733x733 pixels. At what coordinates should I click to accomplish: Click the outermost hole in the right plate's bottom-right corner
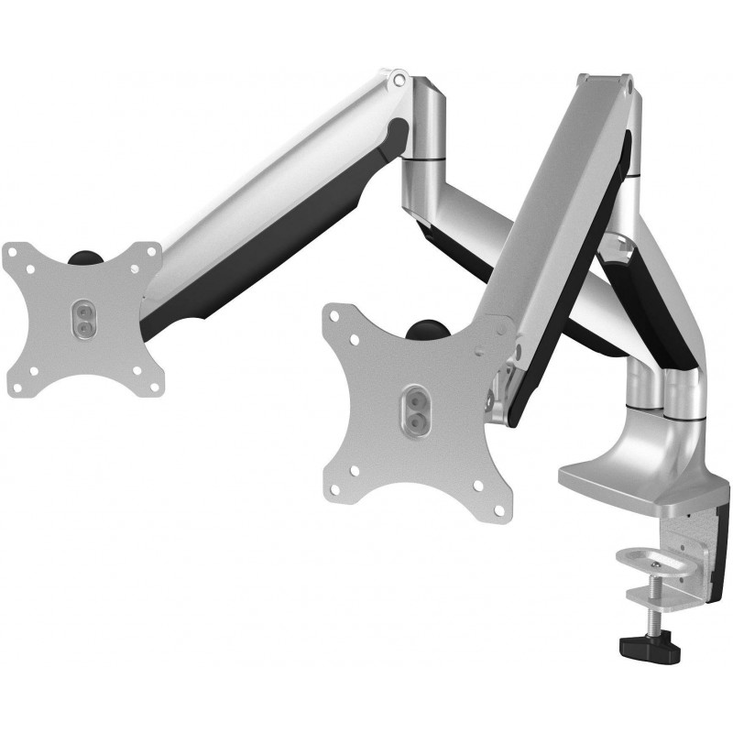pyautogui.click(x=497, y=507)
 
